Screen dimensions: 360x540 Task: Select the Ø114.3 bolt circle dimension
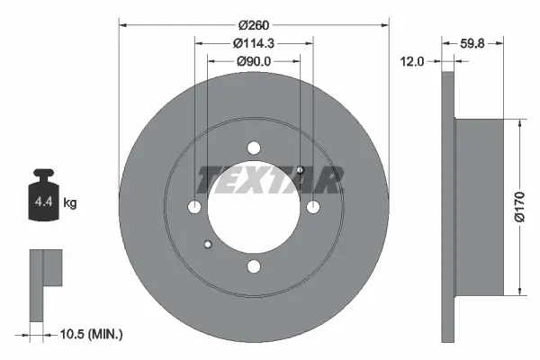[254, 43]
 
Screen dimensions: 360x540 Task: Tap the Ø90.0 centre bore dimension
[254, 61]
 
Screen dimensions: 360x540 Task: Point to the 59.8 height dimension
[473, 42]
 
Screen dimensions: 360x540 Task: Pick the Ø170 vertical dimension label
[519, 207]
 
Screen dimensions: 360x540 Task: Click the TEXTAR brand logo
[269, 180]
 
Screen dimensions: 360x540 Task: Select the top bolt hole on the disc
[254, 148]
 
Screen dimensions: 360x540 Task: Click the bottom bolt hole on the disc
[254, 265]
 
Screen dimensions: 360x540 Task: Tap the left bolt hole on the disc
[195, 207]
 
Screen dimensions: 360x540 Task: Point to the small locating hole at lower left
[208, 243]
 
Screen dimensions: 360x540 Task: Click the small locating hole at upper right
[300, 171]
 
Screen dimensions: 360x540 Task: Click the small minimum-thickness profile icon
[42, 283]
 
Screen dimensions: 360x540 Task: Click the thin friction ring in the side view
[449, 207]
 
